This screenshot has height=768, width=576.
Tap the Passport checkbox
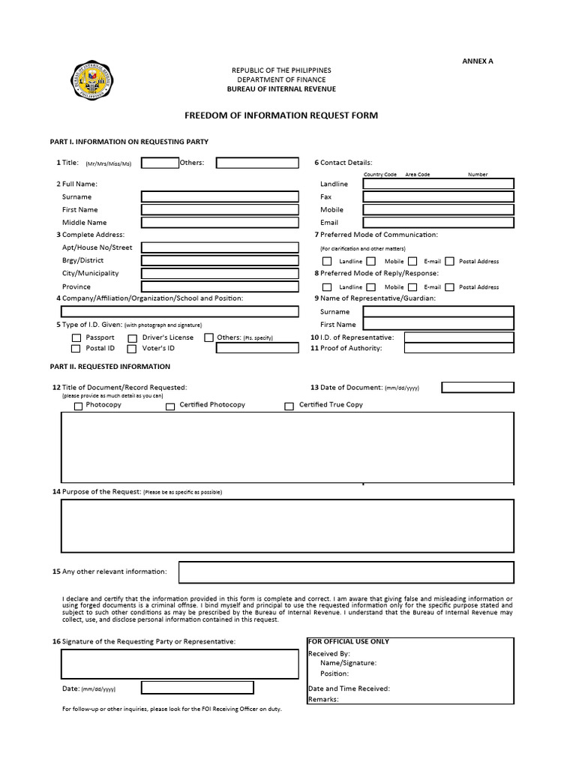click(76, 338)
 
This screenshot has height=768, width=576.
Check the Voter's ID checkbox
click(133, 349)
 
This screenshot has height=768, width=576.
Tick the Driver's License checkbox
click(133, 338)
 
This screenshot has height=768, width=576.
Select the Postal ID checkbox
click(76, 349)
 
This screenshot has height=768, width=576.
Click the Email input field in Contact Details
click(439, 222)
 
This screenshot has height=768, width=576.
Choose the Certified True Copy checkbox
click(289, 406)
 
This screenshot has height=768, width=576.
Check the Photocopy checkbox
click(79, 406)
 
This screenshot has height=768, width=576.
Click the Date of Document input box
click(478, 387)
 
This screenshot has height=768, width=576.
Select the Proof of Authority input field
click(459, 348)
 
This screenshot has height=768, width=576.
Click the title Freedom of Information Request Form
click(281, 115)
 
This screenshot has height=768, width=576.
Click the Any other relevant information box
click(346, 572)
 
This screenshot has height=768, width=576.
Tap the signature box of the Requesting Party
click(180, 664)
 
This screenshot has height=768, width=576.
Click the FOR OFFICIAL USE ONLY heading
click(349, 642)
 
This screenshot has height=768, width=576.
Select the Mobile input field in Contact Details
click(439, 209)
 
